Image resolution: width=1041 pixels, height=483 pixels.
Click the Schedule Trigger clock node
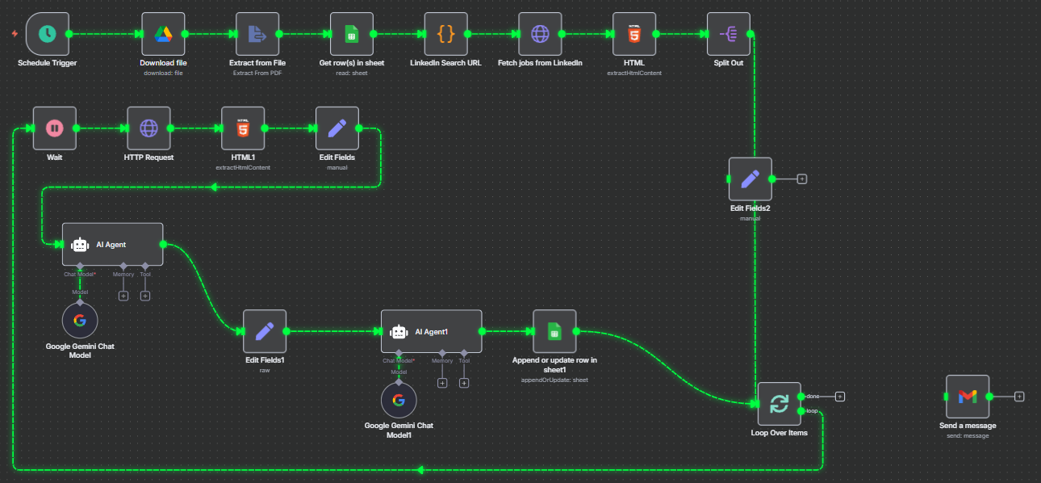(48, 34)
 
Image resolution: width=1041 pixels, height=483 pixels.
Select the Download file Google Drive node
(163, 34)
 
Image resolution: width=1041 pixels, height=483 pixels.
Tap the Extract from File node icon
(257, 34)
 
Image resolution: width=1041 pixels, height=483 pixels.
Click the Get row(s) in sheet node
(352, 34)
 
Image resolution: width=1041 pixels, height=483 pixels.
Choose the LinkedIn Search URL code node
(445, 34)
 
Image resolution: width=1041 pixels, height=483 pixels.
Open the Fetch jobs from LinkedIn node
(540, 34)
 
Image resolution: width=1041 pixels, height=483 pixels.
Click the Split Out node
(728, 34)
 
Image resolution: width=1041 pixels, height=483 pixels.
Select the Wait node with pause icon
(54, 128)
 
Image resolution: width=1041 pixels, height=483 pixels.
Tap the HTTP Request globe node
(148, 128)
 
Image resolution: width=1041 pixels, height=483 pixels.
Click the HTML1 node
(243, 128)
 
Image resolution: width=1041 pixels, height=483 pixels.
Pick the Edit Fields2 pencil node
(750, 178)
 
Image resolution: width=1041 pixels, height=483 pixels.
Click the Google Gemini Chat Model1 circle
(399, 400)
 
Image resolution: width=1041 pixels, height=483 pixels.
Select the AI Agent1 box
(431, 331)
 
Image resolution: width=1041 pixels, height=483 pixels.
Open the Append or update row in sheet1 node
(554, 331)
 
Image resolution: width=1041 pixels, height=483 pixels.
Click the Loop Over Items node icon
(779, 404)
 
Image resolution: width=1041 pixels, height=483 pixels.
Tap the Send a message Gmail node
(967, 397)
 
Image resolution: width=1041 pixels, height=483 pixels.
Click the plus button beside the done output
(840, 397)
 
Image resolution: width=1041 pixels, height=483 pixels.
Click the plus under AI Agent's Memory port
(123, 296)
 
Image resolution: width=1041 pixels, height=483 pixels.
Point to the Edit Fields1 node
(265, 331)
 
